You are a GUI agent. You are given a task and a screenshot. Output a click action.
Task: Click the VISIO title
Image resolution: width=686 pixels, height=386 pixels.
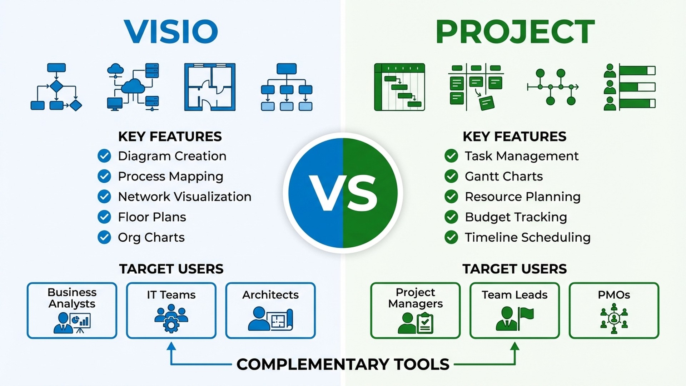171,31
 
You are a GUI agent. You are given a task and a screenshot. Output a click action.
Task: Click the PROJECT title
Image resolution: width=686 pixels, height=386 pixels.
515,31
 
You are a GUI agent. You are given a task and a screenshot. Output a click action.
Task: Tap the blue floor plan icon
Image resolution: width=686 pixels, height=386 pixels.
210,87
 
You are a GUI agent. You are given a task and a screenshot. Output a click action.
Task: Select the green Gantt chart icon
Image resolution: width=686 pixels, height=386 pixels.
399,87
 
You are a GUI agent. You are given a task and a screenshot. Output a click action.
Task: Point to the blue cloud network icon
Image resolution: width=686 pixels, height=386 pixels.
133,87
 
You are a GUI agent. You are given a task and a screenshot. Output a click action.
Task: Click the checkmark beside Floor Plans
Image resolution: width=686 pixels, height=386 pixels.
104,217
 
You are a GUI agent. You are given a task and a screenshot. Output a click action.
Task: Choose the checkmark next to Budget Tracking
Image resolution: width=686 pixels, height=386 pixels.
451,217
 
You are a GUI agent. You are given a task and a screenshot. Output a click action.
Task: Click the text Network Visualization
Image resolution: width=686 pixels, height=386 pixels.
184,197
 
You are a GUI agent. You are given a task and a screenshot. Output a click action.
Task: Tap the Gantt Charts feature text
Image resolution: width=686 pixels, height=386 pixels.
503,176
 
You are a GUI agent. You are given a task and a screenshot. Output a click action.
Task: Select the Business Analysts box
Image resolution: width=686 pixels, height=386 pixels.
72,310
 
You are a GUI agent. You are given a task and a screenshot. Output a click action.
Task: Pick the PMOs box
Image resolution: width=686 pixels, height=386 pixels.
614,310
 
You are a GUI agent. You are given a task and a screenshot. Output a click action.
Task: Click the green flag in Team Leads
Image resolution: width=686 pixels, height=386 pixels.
526,315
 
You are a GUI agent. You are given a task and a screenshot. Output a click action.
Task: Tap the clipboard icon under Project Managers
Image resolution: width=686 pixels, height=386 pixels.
425,323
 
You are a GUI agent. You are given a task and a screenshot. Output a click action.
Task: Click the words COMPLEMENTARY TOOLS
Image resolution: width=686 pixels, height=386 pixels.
343,364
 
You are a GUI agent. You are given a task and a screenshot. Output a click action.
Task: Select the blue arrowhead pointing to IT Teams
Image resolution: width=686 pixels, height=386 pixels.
171,346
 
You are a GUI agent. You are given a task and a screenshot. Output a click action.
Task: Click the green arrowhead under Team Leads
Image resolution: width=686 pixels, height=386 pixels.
514,346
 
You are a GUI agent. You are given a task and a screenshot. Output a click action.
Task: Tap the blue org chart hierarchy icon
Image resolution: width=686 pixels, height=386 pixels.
287,87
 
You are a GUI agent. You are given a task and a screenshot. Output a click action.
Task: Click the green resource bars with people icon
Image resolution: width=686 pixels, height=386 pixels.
630,87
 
